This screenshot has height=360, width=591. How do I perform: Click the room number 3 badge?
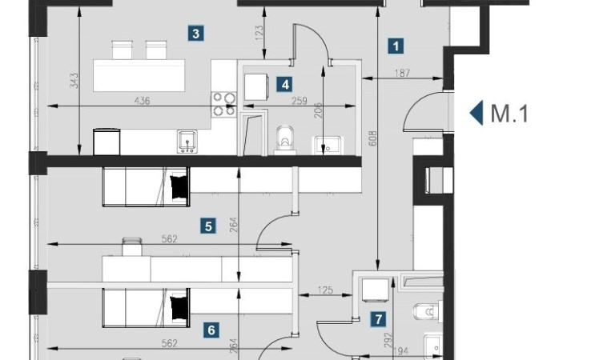195,34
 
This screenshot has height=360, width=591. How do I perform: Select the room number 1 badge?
396,46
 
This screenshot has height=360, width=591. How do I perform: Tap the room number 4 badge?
285,84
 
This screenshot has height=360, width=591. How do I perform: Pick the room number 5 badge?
208,226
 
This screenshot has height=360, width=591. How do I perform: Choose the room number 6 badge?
211,330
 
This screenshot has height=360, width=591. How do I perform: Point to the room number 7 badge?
378,319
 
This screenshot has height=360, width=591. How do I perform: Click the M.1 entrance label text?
509,114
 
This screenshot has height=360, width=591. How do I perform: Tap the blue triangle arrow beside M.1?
476,113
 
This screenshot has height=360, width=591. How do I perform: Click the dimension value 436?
142,101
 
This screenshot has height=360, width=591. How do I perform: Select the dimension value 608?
372,138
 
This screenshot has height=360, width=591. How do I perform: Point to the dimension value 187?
402,73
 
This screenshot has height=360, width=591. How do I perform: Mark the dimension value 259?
300,101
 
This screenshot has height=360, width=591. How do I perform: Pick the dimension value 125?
325,290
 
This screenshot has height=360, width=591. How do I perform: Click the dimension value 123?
259,33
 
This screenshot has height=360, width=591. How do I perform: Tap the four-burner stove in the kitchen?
223,104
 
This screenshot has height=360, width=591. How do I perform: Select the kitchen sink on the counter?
187,142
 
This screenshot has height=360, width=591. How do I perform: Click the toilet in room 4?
285,140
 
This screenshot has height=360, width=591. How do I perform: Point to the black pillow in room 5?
179,186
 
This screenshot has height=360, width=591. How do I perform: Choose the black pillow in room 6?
179,308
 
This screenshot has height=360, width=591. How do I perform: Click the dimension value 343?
74,81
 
